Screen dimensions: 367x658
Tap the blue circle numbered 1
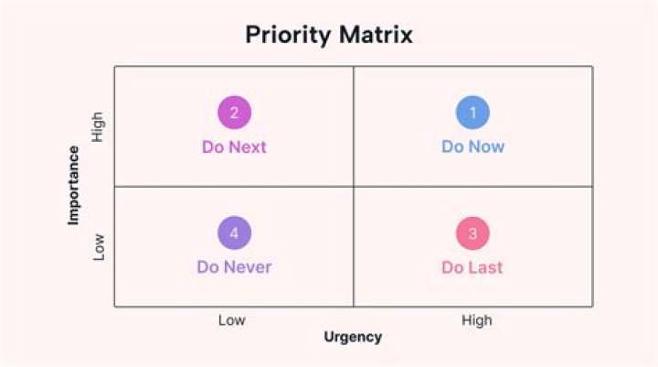tap(472, 113)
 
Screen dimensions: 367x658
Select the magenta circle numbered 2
tap(234, 113)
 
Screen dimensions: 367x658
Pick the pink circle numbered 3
tap(472, 233)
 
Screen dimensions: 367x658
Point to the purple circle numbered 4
tap(234, 233)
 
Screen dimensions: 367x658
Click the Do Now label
tap(472, 146)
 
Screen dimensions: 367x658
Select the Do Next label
tap(234, 146)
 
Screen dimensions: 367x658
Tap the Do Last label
tap(472, 267)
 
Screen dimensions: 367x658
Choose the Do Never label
tap(234, 267)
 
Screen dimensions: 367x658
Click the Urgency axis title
tap(353, 337)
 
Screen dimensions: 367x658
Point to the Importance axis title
tap(73, 185)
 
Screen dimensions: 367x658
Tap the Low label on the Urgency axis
tap(232, 319)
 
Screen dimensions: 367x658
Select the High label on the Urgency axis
tap(476, 319)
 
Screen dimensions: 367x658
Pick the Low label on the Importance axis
tap(99, 246)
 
